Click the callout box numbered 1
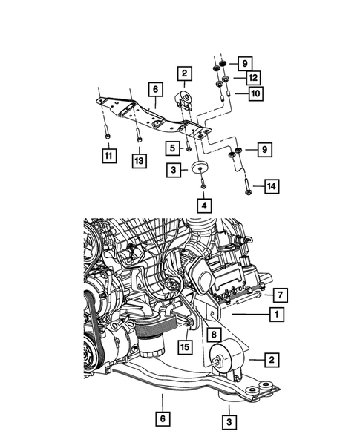pos(275,315)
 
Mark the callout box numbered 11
pos(109,155)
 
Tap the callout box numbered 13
pos(139,159)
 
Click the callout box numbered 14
pos(272,187)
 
